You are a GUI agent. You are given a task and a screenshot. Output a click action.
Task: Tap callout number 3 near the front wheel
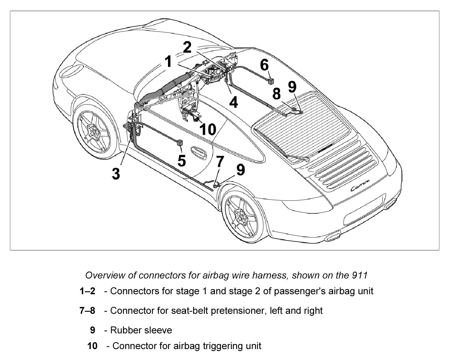pos(116,173)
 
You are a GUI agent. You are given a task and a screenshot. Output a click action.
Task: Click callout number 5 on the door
pos(181,160)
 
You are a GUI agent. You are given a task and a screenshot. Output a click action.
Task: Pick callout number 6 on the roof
pos(264,65)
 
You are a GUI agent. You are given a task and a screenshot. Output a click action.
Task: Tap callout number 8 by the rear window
pos(276,94)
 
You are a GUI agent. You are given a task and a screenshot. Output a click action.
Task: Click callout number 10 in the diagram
pos(208,129)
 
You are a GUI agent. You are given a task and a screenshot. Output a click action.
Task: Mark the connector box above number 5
pos(180,142)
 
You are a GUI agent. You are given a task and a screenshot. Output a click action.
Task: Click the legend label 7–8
pos(87,311)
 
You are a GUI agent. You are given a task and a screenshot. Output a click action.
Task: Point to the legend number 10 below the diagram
pos(92,346)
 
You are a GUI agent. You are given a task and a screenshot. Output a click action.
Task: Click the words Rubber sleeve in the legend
pos(141,330)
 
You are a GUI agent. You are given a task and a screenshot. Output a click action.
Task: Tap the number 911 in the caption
pos(359,275)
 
